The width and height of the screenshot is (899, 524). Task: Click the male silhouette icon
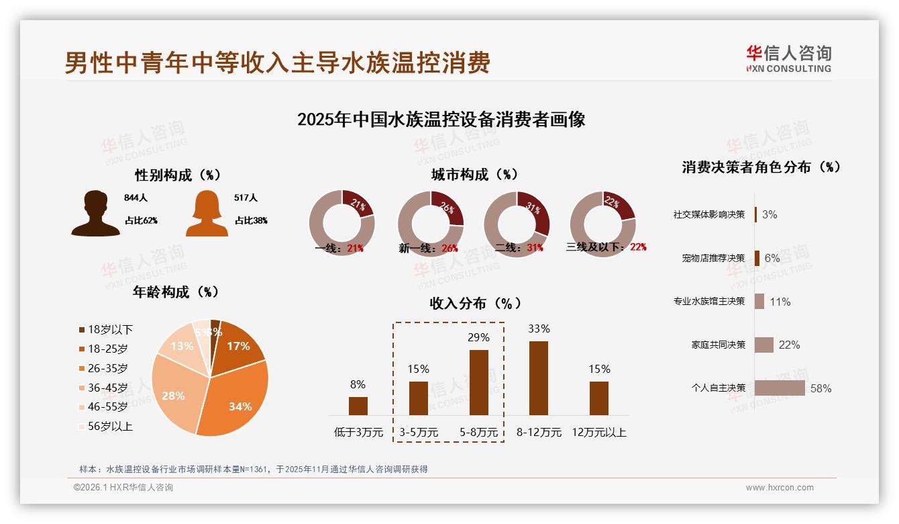95,213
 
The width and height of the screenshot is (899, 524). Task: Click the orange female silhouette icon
207,213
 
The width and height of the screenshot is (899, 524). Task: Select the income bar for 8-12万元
539,378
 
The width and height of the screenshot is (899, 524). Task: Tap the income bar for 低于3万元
358,406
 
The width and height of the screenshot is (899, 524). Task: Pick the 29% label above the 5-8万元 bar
478,337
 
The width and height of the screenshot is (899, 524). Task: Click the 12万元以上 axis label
598,433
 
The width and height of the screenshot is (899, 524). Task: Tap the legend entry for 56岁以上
105,426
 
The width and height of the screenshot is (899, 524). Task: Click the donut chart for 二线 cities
517,224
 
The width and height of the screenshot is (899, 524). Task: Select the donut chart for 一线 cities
341,224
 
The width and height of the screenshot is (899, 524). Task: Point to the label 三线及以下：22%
606,247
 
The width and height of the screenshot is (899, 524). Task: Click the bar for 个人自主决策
780,388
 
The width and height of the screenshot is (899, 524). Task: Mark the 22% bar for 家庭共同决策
764,345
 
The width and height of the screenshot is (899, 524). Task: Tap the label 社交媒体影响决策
709,214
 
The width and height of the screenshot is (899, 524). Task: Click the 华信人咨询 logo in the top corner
788,58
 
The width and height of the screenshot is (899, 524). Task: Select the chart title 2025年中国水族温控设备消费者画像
441,120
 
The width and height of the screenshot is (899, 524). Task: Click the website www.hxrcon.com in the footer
780,488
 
